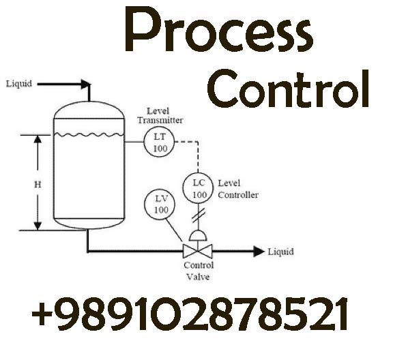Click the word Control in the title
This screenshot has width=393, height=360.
click(289, 88)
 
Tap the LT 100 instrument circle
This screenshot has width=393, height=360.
click(159, 142)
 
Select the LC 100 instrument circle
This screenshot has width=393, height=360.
click(198, 189)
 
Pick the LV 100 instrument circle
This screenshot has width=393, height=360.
click(160, 205)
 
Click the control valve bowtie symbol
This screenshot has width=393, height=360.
click(198, 251)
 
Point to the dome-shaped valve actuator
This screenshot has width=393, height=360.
click(198, 236)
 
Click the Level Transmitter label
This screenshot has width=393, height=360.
click(160, 116)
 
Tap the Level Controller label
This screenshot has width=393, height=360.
click(238, 189)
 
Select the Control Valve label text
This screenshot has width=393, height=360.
click(199, 271)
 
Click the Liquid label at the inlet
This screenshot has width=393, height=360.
click(19, 84)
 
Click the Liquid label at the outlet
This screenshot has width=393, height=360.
click(280, 252)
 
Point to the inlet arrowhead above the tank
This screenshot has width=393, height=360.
click(86, 85)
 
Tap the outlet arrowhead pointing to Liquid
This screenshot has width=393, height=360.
click(259, 252)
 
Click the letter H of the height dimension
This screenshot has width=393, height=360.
click(38, 185)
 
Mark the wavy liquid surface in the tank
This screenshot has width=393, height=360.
click(89, 134)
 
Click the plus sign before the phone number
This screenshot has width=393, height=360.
click(42, 315)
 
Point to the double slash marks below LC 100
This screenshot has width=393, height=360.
click(199, 215)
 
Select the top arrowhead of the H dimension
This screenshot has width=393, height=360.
click(38, 140)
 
